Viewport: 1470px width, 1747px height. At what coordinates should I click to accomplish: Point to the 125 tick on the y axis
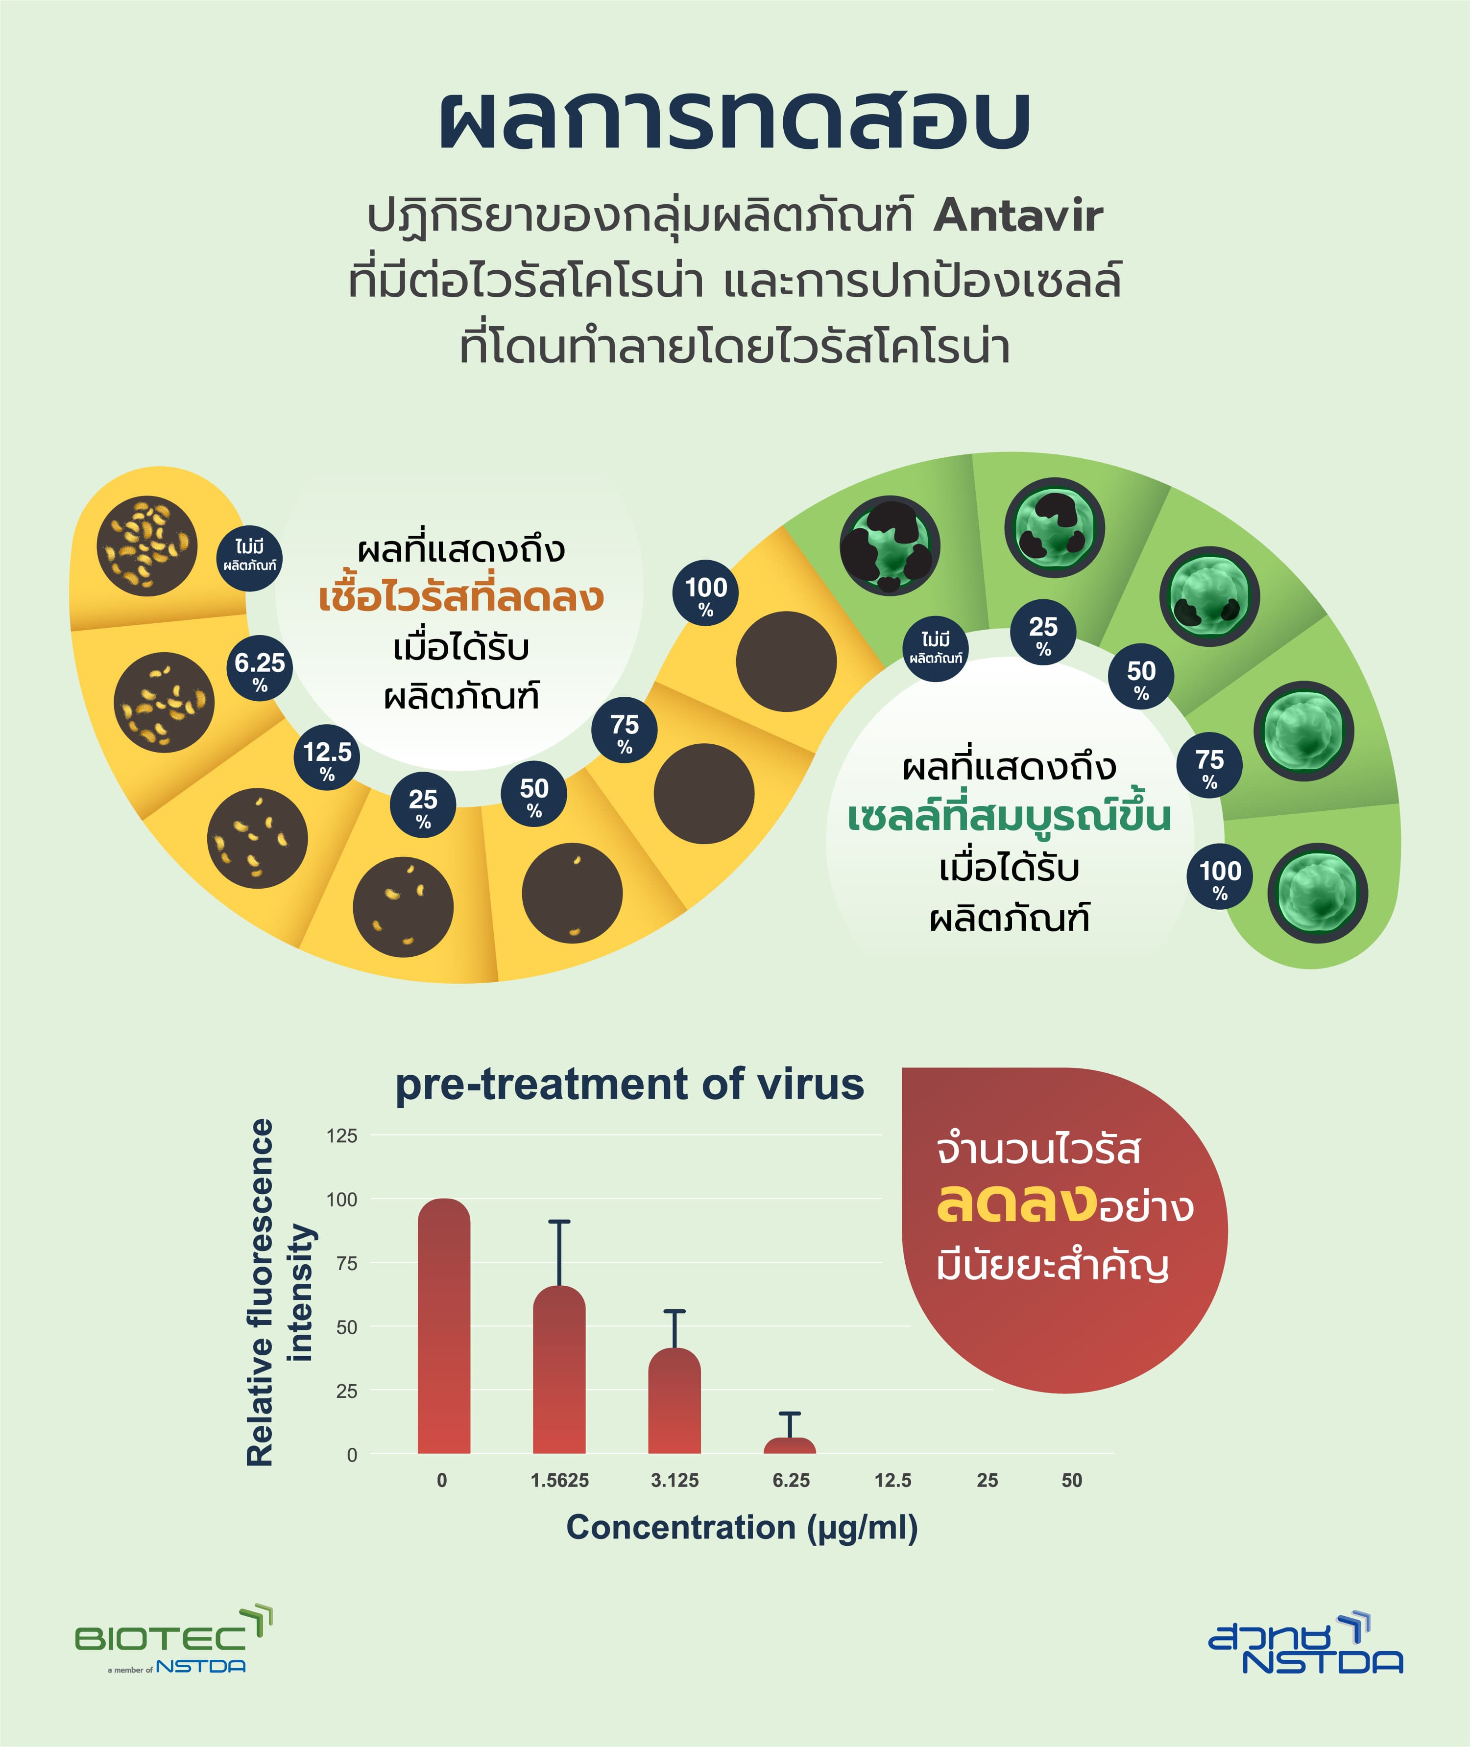click(x=342, y=1135)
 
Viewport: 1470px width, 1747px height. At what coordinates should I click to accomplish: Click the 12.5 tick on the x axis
click(x=892, y=1481)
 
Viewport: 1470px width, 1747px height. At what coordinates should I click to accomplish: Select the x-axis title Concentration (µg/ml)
click(x=742, y=1528)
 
